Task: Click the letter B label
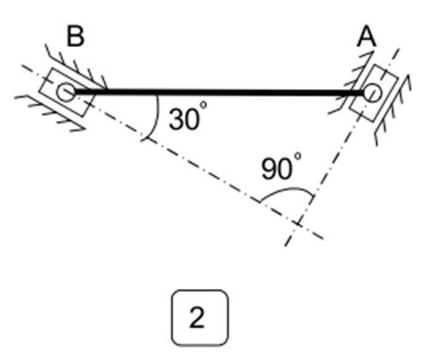click(x=75, y=36)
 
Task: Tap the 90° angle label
click(x=281, y=166)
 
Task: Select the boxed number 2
click(x=200, y=318)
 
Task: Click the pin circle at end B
click(x=66, y=92)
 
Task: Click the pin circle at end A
click(x=372, y=93)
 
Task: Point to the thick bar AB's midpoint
click(x=219, y=93)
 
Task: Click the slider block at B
click(x=67, y=92)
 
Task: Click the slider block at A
click(x=373, y=93)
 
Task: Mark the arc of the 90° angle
click(x=286, y=192)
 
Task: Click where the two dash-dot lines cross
click(x=298, y=224)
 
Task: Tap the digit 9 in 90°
click(x=269, y=170)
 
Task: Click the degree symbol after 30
click(x=203, y=105)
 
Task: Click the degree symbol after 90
click(x=298, y=156)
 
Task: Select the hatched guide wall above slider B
click(x=76, y=66)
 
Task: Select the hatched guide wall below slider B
click(x=49, y=112)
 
